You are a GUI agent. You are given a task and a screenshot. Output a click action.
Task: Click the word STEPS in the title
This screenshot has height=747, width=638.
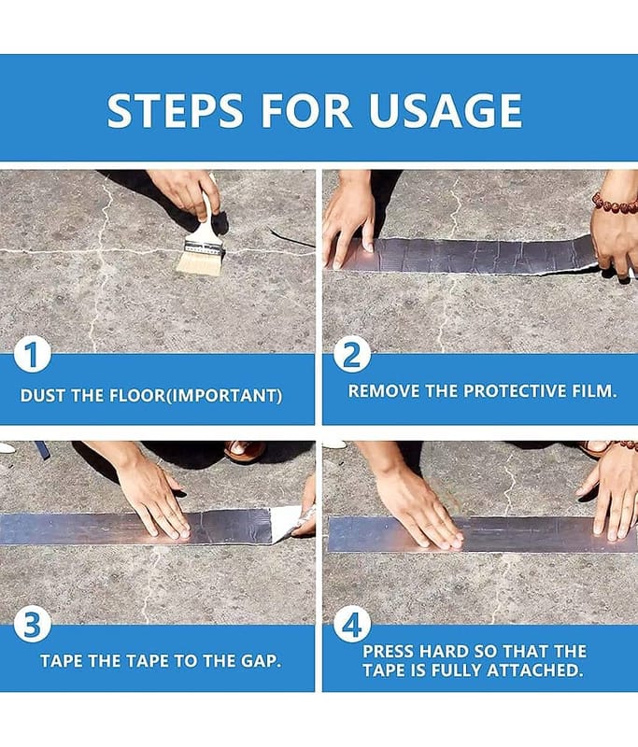click(x=175, y=110)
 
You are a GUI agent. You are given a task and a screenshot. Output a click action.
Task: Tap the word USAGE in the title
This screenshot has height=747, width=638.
click(x=446, y=110)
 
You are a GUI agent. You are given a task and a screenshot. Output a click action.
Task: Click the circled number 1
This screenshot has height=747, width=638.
click(x=32, y=355)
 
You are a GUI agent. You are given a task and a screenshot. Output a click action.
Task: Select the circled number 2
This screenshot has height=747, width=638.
click(x=351, y=355)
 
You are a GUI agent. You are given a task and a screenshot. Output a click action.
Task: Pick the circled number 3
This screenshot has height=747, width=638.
click(x=32, y=625)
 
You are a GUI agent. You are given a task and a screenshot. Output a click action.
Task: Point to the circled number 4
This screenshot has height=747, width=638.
click(x=351, y=625)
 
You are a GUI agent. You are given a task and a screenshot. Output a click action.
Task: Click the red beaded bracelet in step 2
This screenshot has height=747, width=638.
click(x=615, y=204)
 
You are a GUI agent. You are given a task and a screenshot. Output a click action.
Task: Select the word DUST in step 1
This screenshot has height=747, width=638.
click(x=43, y=395)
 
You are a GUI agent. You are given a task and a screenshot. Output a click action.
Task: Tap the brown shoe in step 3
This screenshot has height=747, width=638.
click(x=245, y=451)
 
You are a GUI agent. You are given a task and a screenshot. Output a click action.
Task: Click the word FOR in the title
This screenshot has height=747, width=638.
click(x=305, y=110)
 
